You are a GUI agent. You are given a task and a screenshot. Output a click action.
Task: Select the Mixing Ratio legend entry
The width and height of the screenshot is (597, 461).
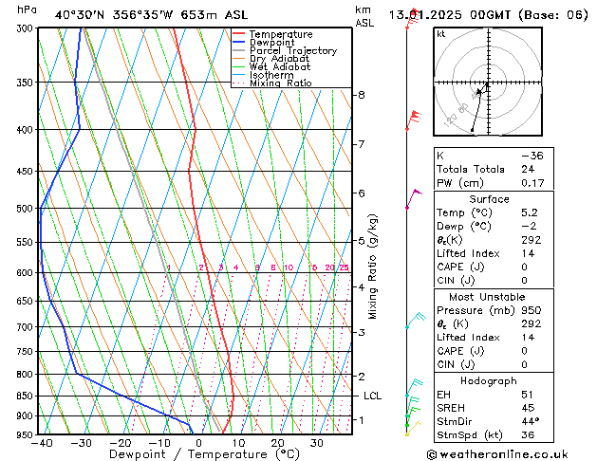(280, 83)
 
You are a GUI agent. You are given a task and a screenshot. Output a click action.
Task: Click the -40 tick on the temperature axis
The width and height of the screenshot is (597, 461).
(41, 442)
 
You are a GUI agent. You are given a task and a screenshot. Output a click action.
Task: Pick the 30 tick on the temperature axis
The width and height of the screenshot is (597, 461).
(317, 442)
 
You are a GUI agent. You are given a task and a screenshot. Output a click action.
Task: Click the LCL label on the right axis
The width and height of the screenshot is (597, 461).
(372, 396)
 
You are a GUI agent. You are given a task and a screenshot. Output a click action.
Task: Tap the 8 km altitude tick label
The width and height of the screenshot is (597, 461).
(361, 95)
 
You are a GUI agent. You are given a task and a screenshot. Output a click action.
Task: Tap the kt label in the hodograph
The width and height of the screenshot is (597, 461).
(441, 34)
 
